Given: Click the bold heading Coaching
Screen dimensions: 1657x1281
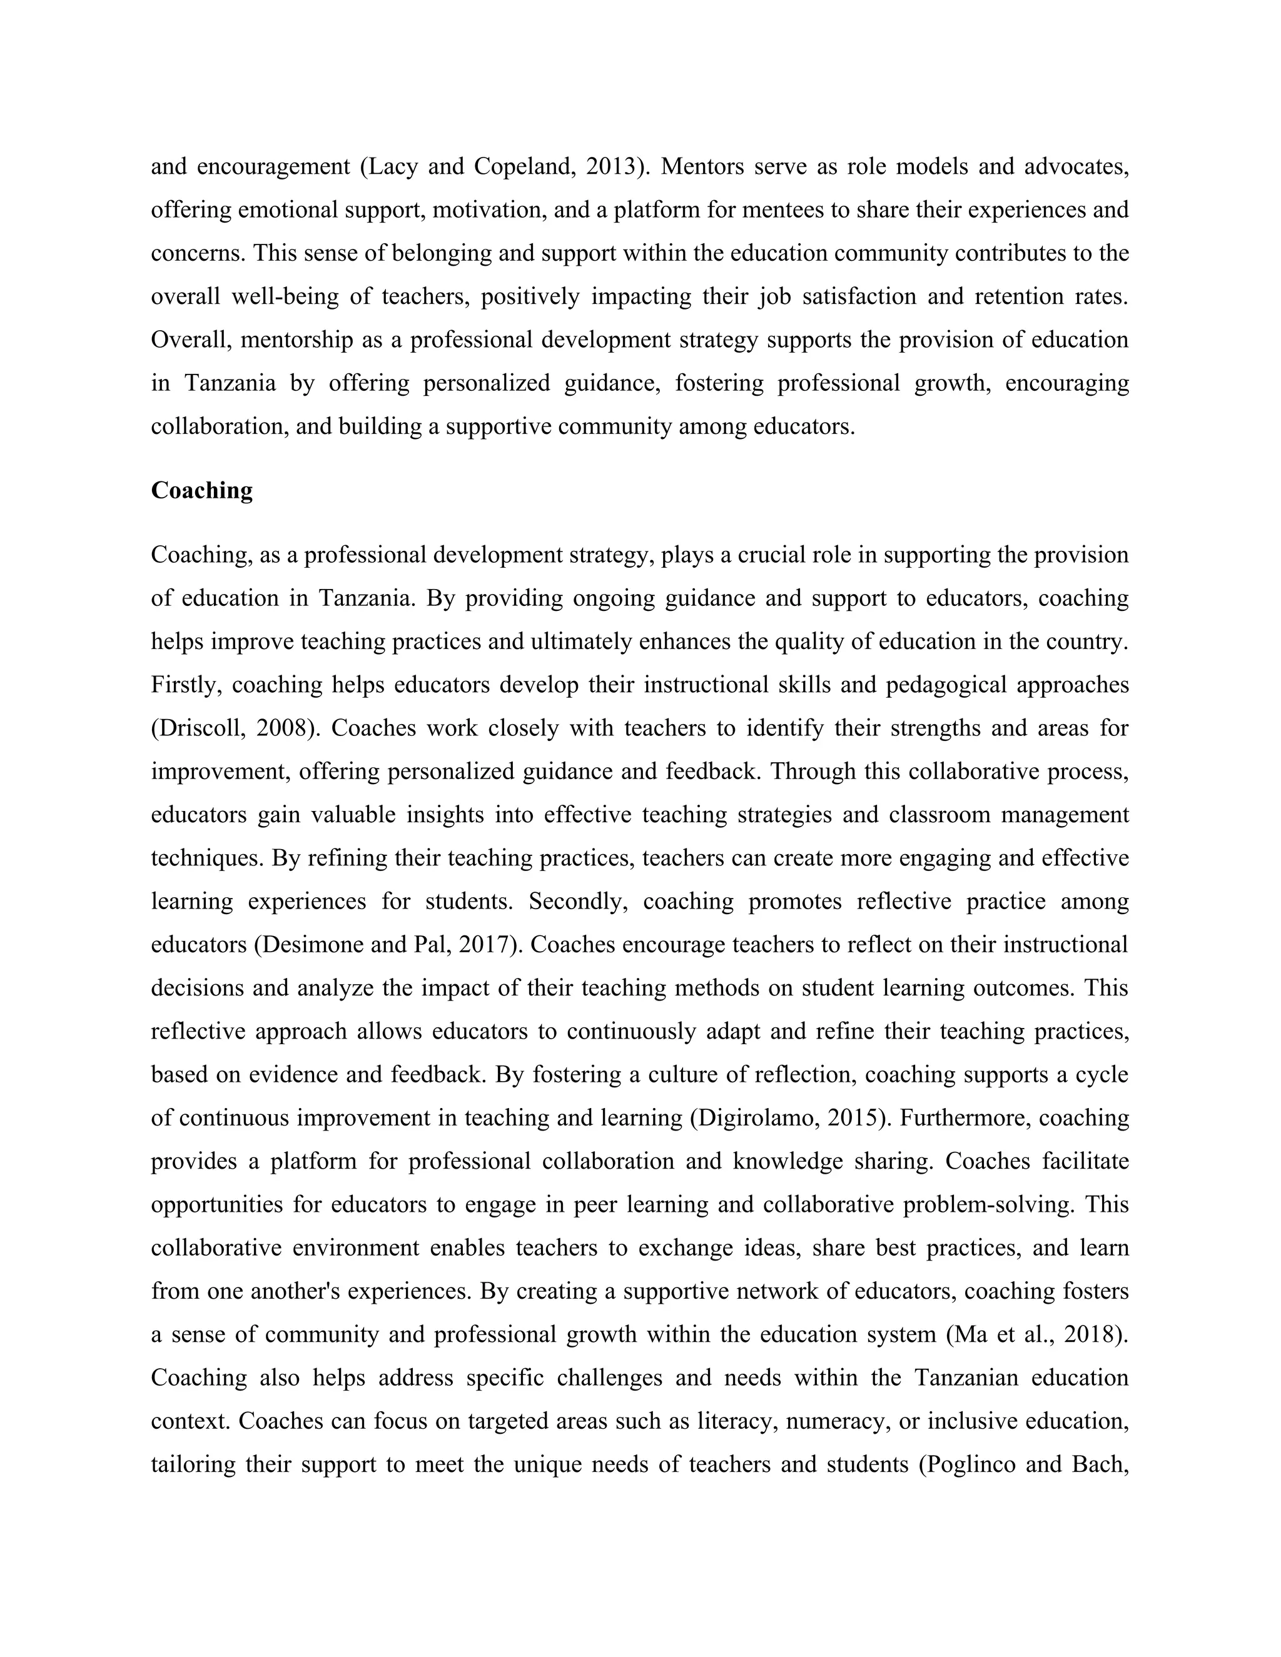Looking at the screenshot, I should click(202, 491).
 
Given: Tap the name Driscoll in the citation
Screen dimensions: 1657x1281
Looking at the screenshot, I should click(200, 728).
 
